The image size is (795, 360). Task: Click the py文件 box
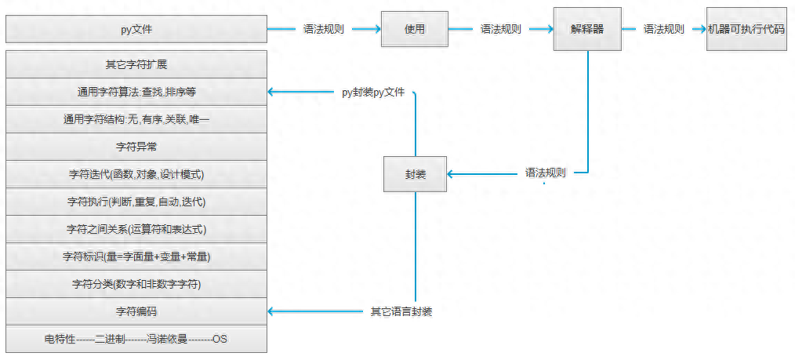136,30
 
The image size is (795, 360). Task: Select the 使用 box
414,29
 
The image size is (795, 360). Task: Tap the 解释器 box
587,29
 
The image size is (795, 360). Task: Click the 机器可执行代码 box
746,29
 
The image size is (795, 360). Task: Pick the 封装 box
416,173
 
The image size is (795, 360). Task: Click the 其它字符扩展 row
136,64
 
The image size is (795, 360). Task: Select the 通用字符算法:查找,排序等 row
136,92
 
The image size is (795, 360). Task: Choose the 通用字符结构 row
136,119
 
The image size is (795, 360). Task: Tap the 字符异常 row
136,147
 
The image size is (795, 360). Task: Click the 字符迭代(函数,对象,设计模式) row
136,174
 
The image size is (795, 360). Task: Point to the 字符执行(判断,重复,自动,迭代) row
136,202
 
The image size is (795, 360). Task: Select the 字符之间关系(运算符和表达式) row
136,229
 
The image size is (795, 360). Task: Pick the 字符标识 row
136,256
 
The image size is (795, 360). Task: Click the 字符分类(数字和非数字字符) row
136,284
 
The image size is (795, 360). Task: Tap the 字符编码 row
136,311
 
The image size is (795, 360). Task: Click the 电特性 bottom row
136,339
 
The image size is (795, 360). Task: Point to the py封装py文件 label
373,92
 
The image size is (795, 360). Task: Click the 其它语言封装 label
401,311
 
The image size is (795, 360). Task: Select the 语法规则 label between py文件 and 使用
324,29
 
